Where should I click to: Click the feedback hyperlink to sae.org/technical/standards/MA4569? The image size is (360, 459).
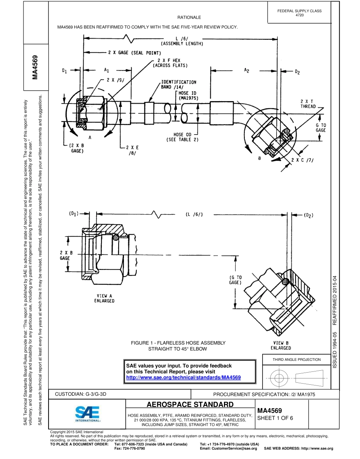[183, 378]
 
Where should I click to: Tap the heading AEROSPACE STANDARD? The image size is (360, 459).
[190, 404]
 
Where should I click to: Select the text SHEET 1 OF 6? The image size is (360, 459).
[275, 418]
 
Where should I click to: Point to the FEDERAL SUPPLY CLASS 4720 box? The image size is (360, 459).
[299, 13]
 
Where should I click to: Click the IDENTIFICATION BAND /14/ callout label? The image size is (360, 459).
[178, 84]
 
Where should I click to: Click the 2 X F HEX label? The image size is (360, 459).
[170, 63]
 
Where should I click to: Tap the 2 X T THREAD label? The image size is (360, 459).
[308, 104]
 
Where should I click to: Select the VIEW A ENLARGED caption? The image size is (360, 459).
[104, 298]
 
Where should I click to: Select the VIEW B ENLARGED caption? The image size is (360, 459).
[281, 345]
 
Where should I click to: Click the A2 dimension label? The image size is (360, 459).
[247, 70]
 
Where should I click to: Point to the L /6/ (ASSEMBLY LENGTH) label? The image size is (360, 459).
[182, 41]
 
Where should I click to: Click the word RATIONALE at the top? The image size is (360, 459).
[189, 17]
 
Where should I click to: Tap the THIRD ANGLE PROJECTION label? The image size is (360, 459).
[296, 359]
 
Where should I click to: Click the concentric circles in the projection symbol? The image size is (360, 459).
[279, 378]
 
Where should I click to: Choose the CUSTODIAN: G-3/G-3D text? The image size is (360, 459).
[81, 394]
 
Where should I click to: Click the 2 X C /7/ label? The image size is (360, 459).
[305, 160]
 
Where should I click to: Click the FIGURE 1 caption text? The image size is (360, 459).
[178, 346]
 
